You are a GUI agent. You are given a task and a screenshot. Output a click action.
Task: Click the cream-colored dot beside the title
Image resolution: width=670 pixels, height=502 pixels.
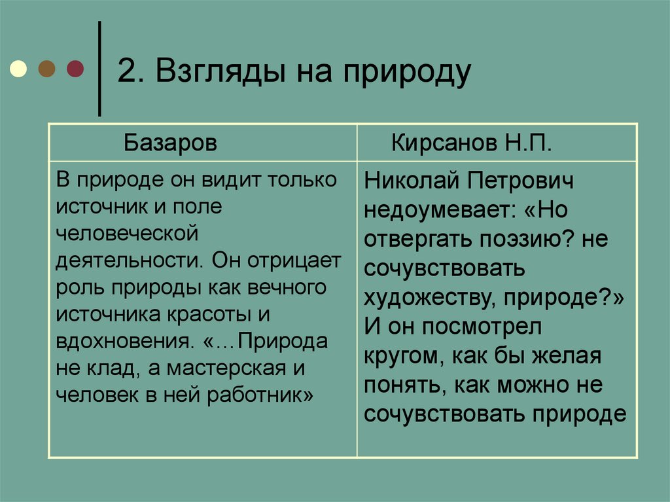[x=18, y=68]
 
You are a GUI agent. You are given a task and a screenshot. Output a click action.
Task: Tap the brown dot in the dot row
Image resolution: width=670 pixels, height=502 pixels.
[x=47, y=68]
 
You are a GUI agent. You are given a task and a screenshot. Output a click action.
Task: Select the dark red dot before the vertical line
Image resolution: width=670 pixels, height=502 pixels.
[x=75, y=68]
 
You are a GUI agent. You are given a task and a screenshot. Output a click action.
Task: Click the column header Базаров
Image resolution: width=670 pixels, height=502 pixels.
[x=170, y=143]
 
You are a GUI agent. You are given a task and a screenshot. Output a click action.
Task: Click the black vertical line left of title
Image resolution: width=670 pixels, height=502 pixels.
[x=99, y=69]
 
